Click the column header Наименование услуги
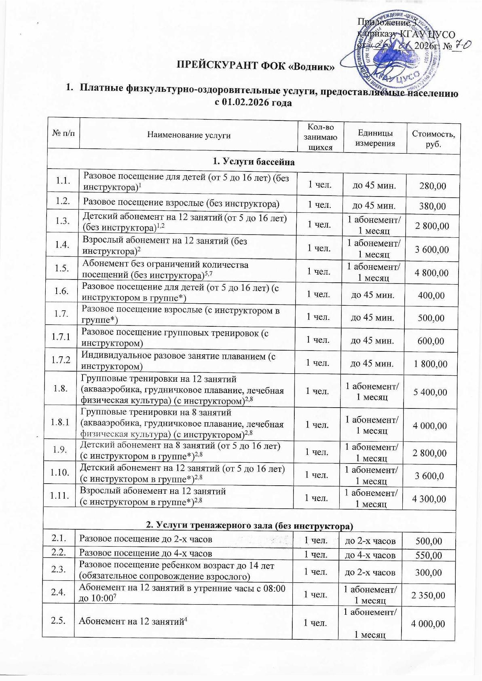(188, 135)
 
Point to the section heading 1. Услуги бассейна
(254, 162)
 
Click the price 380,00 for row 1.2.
(433, 206)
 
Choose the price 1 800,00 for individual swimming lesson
(430, 364)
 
